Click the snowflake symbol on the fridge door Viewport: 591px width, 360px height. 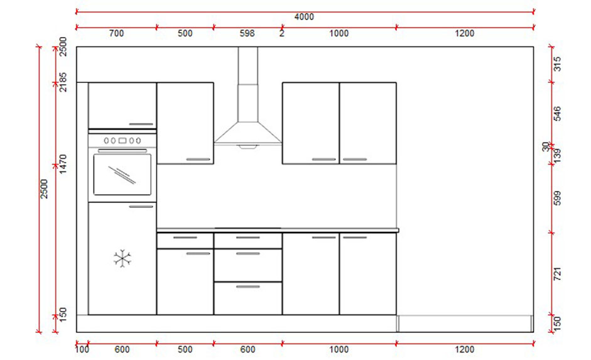pyautogui.click(x=122, y=258)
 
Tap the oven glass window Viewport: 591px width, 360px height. pyautogui.click(x=122, y=174)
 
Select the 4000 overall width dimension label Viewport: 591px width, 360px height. pyautogui.click(x=304, y=17)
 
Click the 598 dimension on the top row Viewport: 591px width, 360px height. pyautogui.click(x=247, y=34)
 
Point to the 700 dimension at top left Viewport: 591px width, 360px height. pyautogui.click(x=116, y=34)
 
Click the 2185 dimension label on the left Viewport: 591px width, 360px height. pyautogui.click(x=63, y=82)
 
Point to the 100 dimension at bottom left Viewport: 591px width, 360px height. pyautogui.click(x=82, y=349)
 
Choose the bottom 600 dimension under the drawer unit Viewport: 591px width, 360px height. pyautogui.click(x=247, y=349)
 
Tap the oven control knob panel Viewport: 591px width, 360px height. pyautogui.click(x=122, y=141)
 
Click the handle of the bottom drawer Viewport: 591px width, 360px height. pyautogui.click(x=247, y=286)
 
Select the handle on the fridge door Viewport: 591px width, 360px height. pyautogui.click(x=141, y=206)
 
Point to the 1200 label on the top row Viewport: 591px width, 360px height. pyautogui.click(x=465, y=34)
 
